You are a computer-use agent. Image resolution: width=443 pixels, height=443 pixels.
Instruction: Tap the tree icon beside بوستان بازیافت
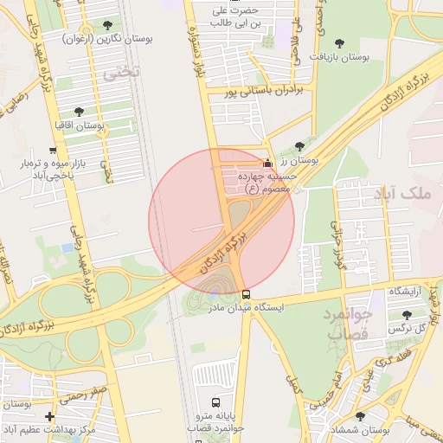click(337, 42)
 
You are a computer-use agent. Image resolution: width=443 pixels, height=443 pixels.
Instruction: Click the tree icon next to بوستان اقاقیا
click(80, 112)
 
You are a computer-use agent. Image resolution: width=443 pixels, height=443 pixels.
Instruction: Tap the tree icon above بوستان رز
click(299, 146)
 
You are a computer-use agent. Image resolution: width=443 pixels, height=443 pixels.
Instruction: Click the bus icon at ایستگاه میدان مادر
click(247, 294)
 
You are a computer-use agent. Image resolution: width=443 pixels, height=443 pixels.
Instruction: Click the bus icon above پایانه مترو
click(215, 402)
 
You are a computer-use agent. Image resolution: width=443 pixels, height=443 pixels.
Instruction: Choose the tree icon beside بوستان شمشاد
click(360, 416)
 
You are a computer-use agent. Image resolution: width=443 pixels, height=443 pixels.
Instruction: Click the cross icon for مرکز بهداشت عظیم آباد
click(49, 416)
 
